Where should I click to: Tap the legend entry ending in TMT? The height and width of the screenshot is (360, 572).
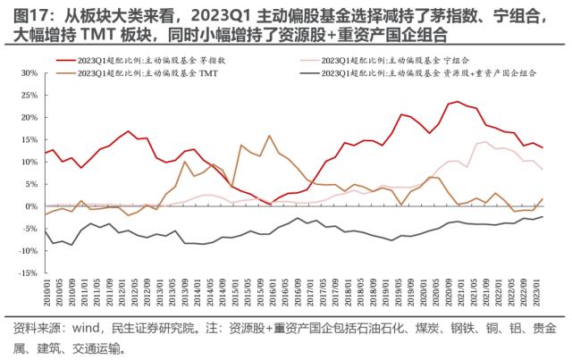[152, 74]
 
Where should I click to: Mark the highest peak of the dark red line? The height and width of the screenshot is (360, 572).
[457, 102]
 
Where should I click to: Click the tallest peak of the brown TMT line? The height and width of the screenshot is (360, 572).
[269, 136]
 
